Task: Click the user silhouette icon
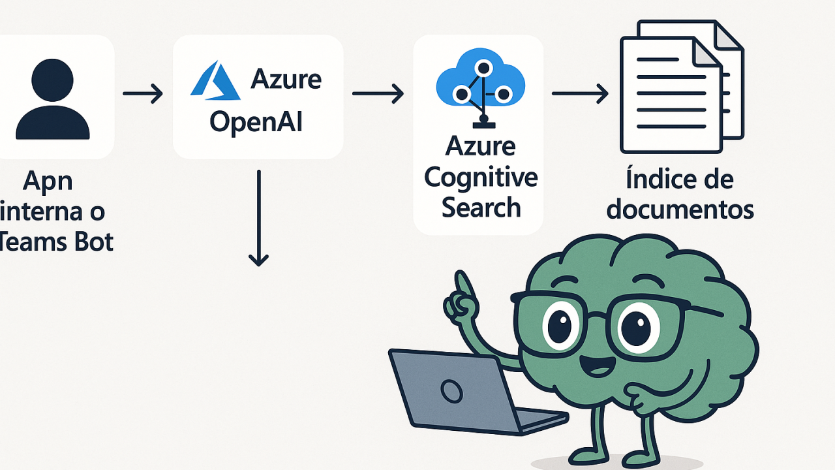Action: pos(52,98)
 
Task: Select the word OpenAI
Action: pos(256,121)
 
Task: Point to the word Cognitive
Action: pos(481,178)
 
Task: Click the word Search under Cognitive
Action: pos(481,208)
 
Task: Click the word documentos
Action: pos(680,210)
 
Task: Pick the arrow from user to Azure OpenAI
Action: pos(143,94)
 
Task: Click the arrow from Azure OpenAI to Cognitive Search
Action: pos(378,94)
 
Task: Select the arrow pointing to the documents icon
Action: pos(580,94)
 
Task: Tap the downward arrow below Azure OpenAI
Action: pos(259,219)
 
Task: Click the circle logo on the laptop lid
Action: pos(451,390)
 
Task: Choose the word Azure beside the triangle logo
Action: pos(286,80)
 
